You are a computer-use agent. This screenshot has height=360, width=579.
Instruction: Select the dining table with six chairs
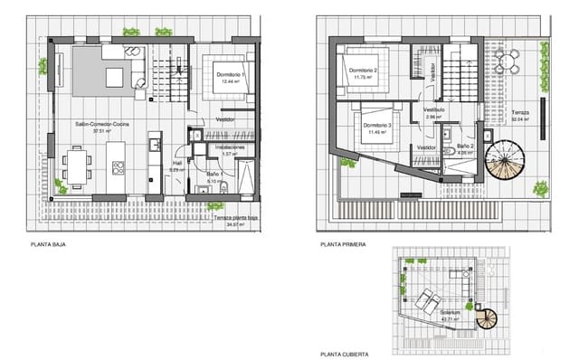pyautogui.click(x=77, y=167)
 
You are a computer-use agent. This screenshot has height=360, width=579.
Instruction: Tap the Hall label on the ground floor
pyautogui.click(x=177, y=165)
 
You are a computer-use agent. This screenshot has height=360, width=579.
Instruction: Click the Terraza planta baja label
pyautogui.click(x=235, y=217)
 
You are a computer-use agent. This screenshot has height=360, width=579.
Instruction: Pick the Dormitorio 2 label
pyautogui.click(x=363, y=71)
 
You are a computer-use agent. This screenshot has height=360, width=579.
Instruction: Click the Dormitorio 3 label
pyautogui.click(x=375, y=126)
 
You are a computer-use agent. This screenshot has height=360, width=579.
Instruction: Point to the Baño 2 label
pyautogui.click(x=465, y=146)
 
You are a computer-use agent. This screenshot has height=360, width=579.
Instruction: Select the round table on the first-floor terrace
pyautogui.click(x=512, y=62)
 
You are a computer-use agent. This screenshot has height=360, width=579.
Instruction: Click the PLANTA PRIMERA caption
pyautogui.click(x=342, y=244)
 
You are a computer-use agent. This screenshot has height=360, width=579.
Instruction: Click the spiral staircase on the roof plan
pyautogui.click(x=488, y=318)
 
